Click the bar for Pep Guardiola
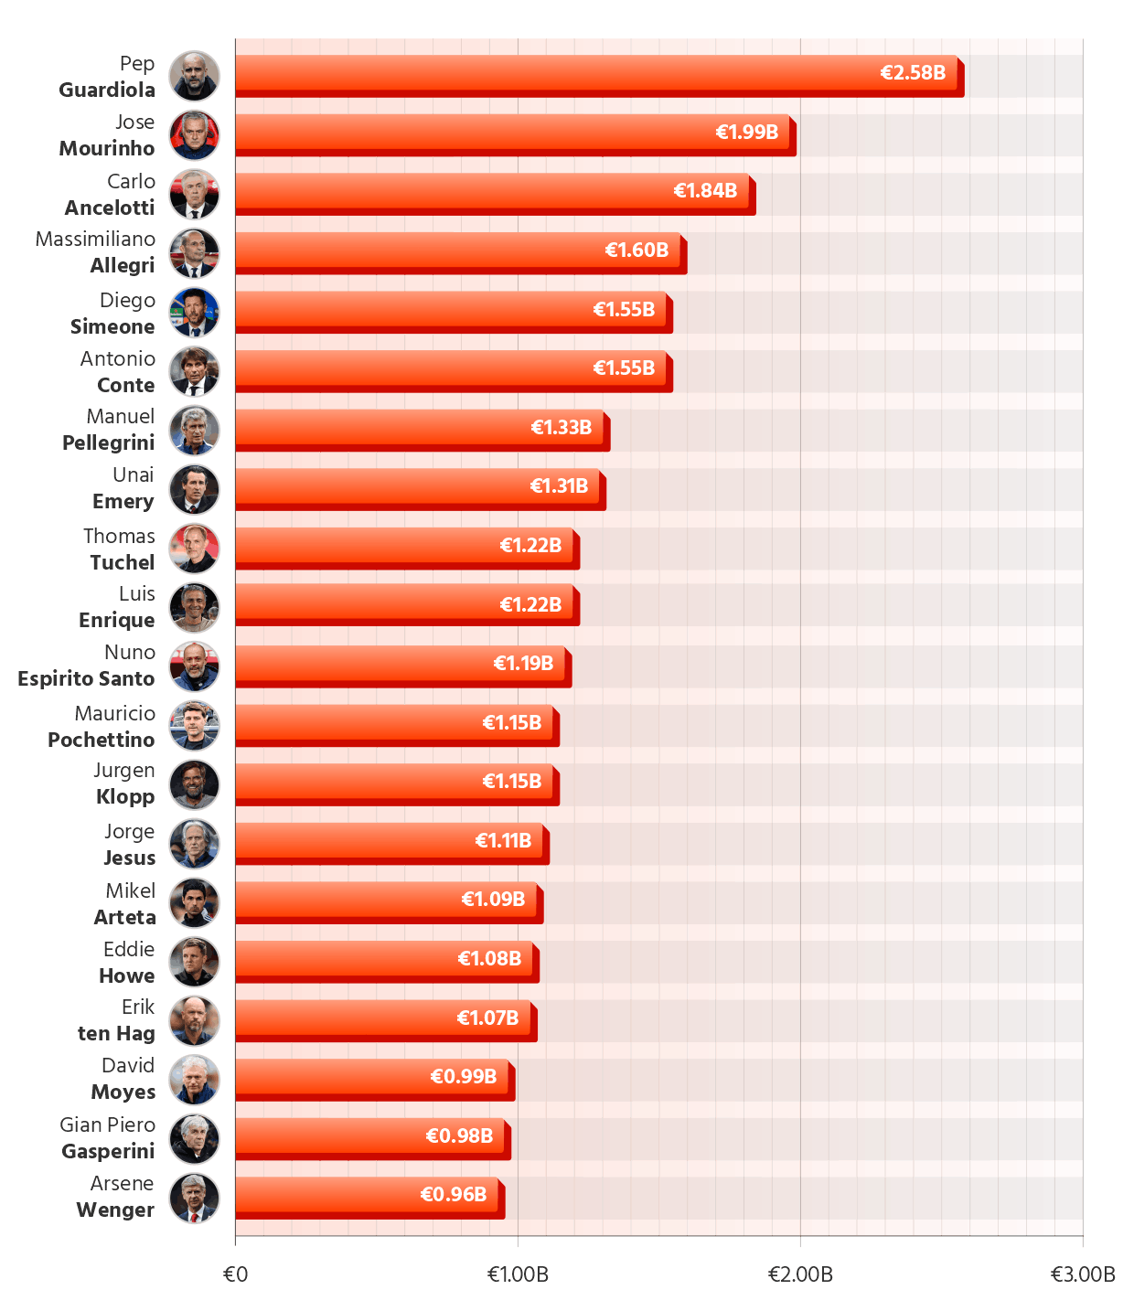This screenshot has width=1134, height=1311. [x=595, y=73]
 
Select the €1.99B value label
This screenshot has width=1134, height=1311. [x=746, y=133]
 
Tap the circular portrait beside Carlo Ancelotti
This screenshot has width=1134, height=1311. [x=195, y=194]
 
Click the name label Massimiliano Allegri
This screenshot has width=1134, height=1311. [x=96, y=252]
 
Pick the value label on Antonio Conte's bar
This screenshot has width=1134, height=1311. [x=624, y=368]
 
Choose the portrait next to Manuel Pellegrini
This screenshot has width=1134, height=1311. [x=195, y=431]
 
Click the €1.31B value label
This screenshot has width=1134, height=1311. [x=559, y=486]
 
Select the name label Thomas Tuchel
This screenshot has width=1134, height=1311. [x=120, y=549]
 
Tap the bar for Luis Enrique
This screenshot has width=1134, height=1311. [x=403, y=604]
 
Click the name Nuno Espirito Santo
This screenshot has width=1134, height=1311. [x=87, y=666]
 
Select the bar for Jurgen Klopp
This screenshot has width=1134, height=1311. [x=393, y=782]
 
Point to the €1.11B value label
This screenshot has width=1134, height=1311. [x=503, y=841]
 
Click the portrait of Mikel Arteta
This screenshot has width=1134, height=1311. [x=195, y=903]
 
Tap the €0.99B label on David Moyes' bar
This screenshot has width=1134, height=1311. [x=463, y=1077]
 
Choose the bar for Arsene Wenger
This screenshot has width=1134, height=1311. [x=366, y=1195]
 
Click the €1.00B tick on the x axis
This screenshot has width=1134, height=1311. [x=518, y=1274]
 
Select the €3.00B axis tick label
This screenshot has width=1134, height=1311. [x=1083, y=1274]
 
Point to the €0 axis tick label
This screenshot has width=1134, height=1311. [x=235, y=1274]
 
